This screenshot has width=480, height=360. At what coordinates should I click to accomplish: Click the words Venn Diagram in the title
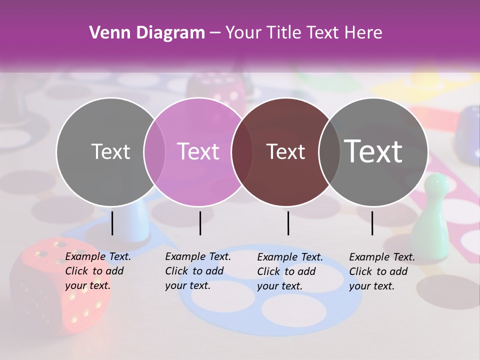coord(147,33)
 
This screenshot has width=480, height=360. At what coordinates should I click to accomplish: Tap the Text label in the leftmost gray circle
coord(110,151)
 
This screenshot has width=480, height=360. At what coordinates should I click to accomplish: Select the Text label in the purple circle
coord(198,151)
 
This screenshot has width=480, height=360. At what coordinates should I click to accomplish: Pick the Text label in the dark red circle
coord(285,151)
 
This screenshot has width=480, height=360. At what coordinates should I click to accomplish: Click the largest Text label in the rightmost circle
coord(373,151)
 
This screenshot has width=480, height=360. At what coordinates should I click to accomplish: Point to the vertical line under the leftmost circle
coord(112,223)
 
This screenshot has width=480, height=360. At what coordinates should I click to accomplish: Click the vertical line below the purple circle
coord(200,223)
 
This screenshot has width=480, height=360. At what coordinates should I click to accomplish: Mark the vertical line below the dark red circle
coord(288,223)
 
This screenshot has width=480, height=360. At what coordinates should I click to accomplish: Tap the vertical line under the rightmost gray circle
coord(372,223)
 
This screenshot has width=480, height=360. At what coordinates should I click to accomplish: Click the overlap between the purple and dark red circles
coord(241,152)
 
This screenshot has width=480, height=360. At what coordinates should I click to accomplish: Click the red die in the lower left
coord(60,285)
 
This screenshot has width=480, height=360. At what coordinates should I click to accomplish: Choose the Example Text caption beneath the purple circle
coord(198,271)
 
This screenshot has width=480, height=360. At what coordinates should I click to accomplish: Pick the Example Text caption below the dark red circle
coord(290,271)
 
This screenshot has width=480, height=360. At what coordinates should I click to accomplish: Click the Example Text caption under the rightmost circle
coord(382,271)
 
